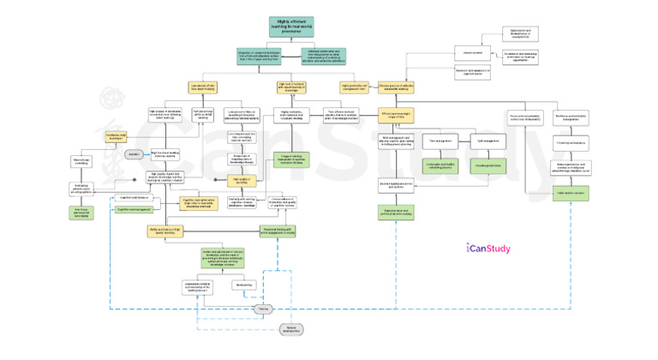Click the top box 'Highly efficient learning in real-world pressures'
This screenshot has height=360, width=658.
coord(290,26)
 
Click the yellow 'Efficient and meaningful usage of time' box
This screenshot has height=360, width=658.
coord(397,115)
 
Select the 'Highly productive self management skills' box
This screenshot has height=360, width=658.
coord(359,87)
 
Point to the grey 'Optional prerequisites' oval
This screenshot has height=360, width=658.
coord(293,330)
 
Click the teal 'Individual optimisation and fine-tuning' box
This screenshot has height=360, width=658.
coord(324,57)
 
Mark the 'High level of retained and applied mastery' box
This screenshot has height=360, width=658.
coord(291,87)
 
